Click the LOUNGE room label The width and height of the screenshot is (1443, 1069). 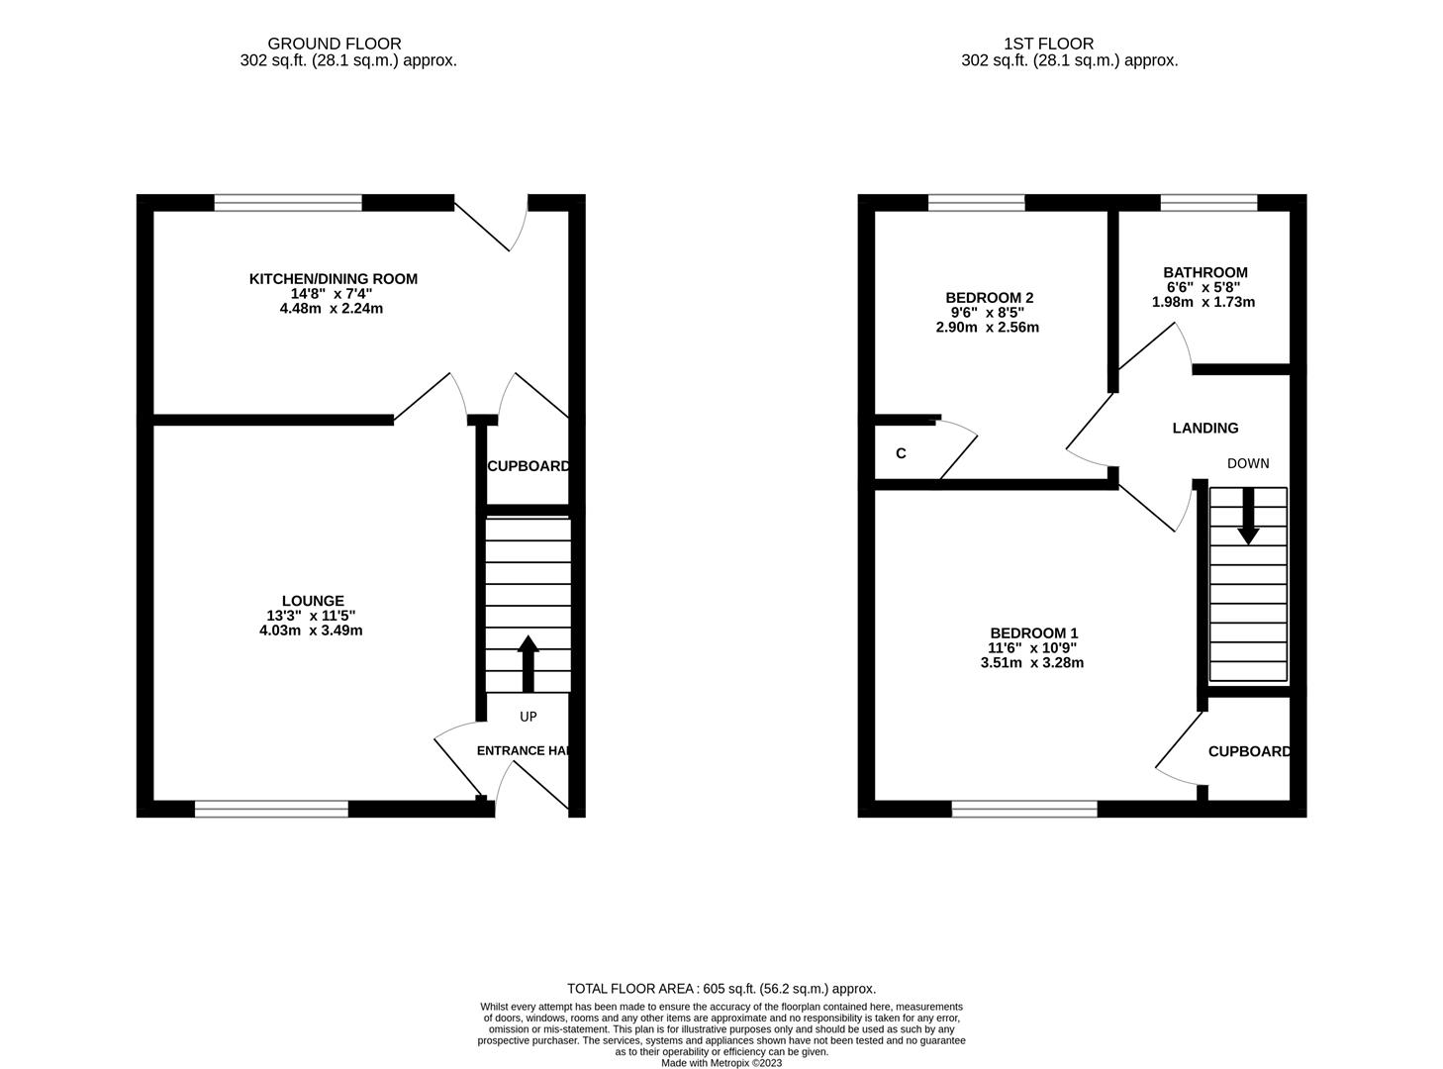tap(313, 600)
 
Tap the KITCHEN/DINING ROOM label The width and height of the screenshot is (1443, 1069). tap(333, 279)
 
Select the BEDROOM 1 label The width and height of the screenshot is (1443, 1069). tap(1034, 633)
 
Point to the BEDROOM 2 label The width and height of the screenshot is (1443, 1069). tap(990, 298)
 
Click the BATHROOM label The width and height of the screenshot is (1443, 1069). tap(1204, 272)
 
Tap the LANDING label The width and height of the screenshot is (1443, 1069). tap(1204, 429)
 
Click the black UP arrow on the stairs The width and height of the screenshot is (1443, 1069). tap(528, 661)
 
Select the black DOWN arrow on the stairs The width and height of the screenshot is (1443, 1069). tap(1248, 515)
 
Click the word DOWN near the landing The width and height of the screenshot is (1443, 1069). tap(1247, 463)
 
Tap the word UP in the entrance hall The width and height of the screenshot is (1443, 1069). tap(529, 716)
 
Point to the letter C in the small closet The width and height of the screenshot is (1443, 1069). tap(901, 453)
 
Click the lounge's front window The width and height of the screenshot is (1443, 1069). tap(271, 809)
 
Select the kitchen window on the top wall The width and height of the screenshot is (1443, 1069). tap(288, 203)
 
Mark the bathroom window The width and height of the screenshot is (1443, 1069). tap(1208, 203)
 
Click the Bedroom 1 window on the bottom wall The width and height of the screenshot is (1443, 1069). tap(1024, 809)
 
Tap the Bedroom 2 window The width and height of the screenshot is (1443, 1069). tap(976, 203)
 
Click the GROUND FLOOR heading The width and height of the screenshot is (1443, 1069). tap(335, 44)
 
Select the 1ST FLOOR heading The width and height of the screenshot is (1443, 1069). tap(1048, 44)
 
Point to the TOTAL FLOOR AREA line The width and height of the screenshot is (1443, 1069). tap(721, 988)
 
